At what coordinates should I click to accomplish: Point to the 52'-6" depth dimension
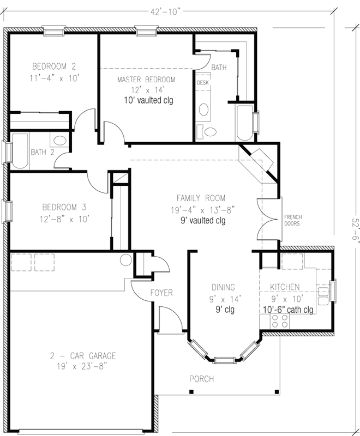click(x=355, y=225)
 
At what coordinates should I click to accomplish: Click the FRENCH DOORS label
click(x=293, y=220)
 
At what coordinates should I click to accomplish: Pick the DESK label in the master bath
click(x=203, y=83)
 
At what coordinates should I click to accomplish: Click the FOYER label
click(x=161, y=293)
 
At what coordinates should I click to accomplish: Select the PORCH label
click(x=201, y=379)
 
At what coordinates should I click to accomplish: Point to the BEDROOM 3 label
click(x=65, y=207)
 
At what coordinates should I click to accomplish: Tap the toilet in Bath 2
click(x=60, y=141)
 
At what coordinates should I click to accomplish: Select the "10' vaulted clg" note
click(x=148, y=100)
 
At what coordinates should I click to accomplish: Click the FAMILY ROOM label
click(x=200, y=198)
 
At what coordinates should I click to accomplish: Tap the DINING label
click(x=224, y=288)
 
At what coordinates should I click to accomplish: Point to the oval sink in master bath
click(x=204, y=110)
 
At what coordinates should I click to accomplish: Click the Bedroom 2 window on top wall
click(x=53, y=32)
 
